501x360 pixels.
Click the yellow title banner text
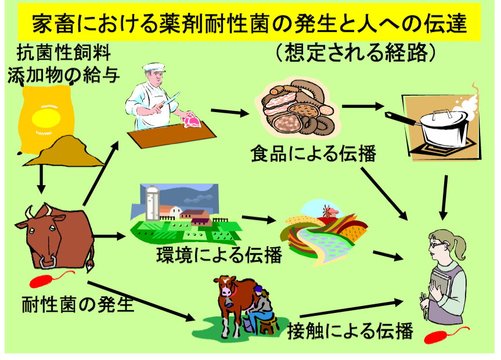(x=250, y=24)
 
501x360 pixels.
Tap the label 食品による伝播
(x=313, y=154)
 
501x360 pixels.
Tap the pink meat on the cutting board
(x=190, y=120)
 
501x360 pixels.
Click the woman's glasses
(x=436, y=244)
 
